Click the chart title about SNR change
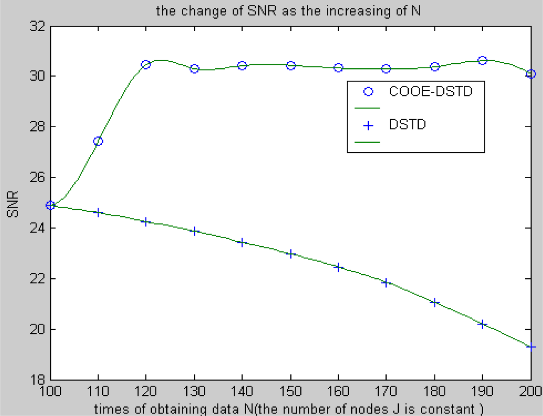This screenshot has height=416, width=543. (x=288, y=10)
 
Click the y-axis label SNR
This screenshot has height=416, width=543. (x=13, y=204)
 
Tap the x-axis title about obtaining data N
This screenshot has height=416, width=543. (x=289, y=409)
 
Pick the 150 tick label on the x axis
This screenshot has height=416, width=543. (x=291, y=391)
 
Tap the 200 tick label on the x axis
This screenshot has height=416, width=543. (x=530, y=391)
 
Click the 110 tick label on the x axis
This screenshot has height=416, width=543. (x=98, y=391)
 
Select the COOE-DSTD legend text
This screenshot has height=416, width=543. (x=431, y=91)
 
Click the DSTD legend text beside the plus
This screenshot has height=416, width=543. (x=407, y=125)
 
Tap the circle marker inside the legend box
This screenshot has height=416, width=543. (x=368, y=92)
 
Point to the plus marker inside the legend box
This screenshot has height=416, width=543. (x=368, y=125)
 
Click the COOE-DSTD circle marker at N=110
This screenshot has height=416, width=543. (x=98, y=141)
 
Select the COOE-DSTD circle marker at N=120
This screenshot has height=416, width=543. (x=146, y=64)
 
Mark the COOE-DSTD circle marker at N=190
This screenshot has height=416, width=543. (x=482, y=61)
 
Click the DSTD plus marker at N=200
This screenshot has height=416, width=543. (x=531, y=347)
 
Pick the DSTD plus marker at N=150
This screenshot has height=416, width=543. (x=291, y=254)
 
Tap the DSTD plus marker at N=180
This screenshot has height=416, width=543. (x=434, y=302)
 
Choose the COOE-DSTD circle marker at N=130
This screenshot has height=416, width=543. (x=194, y=69)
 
